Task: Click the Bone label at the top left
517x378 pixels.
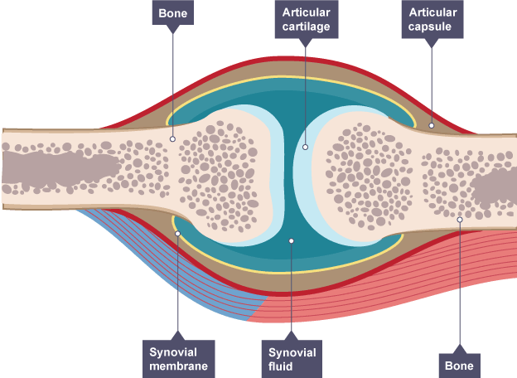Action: coord(173,14)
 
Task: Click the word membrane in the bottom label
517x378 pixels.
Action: coord(178,366)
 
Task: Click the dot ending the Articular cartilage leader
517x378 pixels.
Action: coord(305,148)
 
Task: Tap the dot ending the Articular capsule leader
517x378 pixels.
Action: coord(432,126)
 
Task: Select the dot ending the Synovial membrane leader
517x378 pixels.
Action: coord(178,233)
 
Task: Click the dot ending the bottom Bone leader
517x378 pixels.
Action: coord(460,220)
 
